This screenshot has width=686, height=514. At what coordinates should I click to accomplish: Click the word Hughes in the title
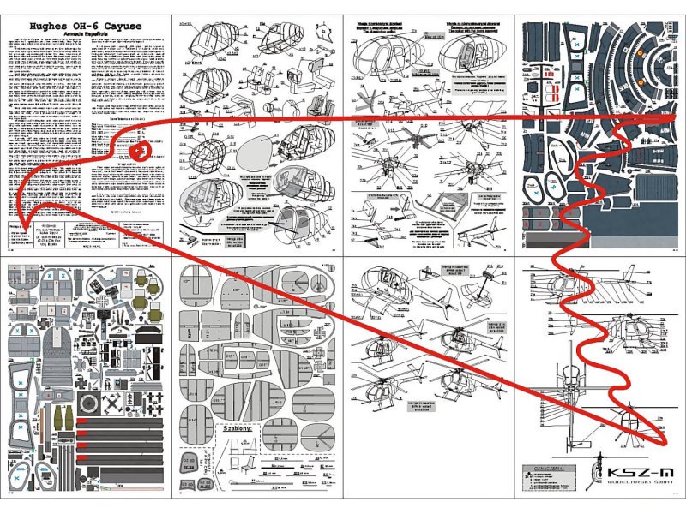tap(49, 26)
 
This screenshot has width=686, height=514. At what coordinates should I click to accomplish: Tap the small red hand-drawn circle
tap(143, 149)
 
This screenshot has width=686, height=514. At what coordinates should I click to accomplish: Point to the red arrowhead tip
tap(19, 224)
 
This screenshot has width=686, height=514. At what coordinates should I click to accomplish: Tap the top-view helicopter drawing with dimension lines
tap(592, 394)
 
